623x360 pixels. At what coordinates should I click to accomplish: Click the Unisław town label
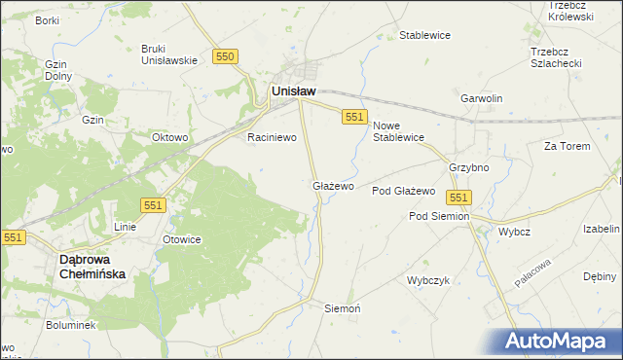pyautogui.click(x=291, y=91)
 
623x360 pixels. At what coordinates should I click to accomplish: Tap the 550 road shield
pyautogui.click(x=226, y=57)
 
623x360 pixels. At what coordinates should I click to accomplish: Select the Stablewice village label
pyautogui.click(x=424, y=36)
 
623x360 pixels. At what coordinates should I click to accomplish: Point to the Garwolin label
pyautogui.click(x=481, y=99)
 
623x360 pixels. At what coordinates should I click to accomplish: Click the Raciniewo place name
pyautogui.click(x=272, y=138)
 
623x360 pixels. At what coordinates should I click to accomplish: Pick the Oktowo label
pyautogui.click(x=169, y=138)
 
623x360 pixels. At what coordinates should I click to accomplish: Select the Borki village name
pyautogui.click(x=47, y=20)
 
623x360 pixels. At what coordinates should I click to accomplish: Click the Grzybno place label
pyautogui.click(x=468, y=167)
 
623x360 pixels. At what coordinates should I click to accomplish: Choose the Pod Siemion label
pyautogui.click(x=439, y=216)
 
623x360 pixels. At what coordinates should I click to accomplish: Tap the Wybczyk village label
pyautogui.click(x=428, y=280)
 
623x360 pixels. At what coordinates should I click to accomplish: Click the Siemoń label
pyautogui.click(x=343, y=307)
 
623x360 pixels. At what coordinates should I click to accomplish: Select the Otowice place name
pyautogui.click(x=182, y=239)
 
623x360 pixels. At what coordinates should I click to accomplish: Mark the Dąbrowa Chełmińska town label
pyautogui.click(x=92, y=268)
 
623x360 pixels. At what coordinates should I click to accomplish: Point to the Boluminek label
pyautogui.click(x=69, y=325)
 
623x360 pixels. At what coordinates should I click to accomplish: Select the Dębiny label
pyautogui.click(x=600, y=276)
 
